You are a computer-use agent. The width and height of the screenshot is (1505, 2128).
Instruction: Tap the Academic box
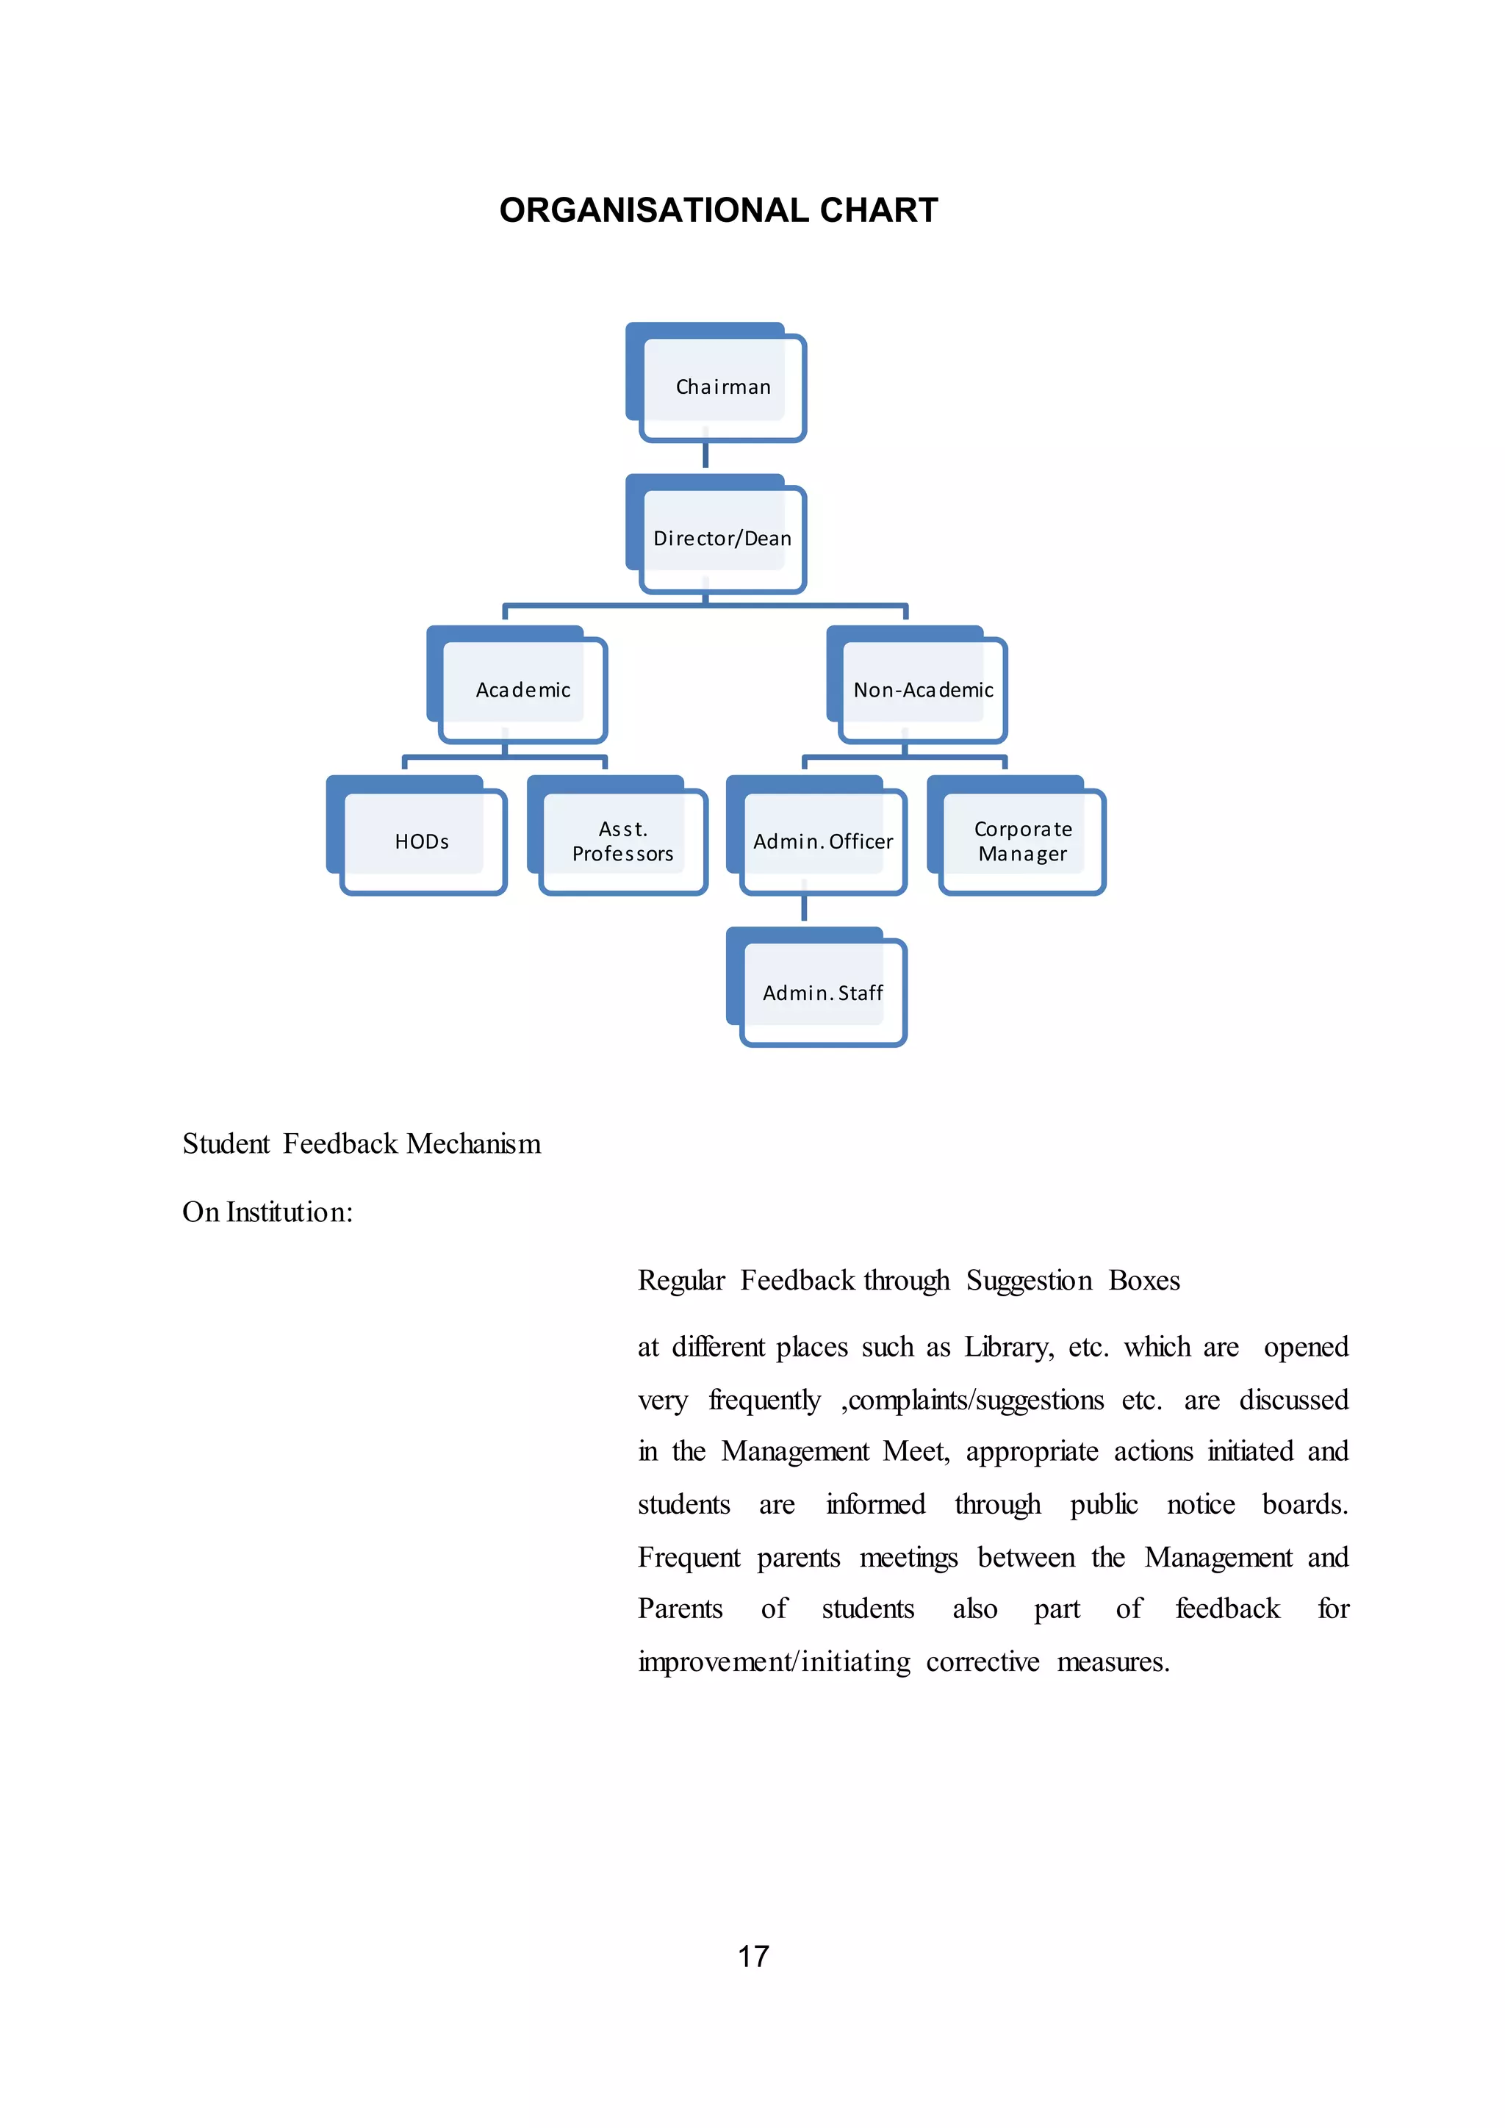522,689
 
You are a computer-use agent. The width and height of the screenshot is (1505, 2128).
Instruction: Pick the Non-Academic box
922,689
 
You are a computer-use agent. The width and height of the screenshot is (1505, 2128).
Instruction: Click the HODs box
422,841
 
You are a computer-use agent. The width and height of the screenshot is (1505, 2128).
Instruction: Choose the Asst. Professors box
622,841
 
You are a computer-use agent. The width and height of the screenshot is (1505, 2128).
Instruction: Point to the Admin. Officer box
823,841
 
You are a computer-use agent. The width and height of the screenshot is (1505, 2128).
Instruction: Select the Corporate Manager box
1022,841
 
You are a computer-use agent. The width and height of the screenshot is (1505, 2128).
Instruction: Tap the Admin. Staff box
823,993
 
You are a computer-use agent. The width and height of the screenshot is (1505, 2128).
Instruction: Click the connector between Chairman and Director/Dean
705,455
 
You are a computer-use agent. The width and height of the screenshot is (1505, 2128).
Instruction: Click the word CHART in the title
879,210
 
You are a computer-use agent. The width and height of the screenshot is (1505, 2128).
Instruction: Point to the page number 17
753,1955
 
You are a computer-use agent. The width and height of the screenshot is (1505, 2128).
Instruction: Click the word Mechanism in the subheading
473,1143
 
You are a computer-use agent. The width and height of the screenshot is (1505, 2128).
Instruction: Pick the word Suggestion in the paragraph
1029,1281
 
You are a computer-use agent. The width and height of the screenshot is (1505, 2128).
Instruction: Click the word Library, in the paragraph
1008,1348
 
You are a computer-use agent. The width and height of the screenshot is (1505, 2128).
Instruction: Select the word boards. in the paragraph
1305,1504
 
